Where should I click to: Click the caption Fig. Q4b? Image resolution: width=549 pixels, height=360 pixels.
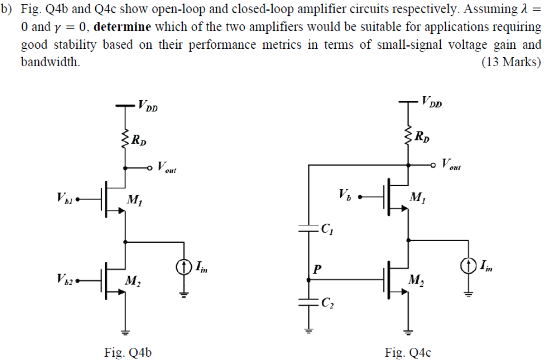pos(128,352)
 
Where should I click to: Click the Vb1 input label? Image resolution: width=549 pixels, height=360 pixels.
pos(65,199)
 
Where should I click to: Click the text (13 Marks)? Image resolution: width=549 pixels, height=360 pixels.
pos(511,63)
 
